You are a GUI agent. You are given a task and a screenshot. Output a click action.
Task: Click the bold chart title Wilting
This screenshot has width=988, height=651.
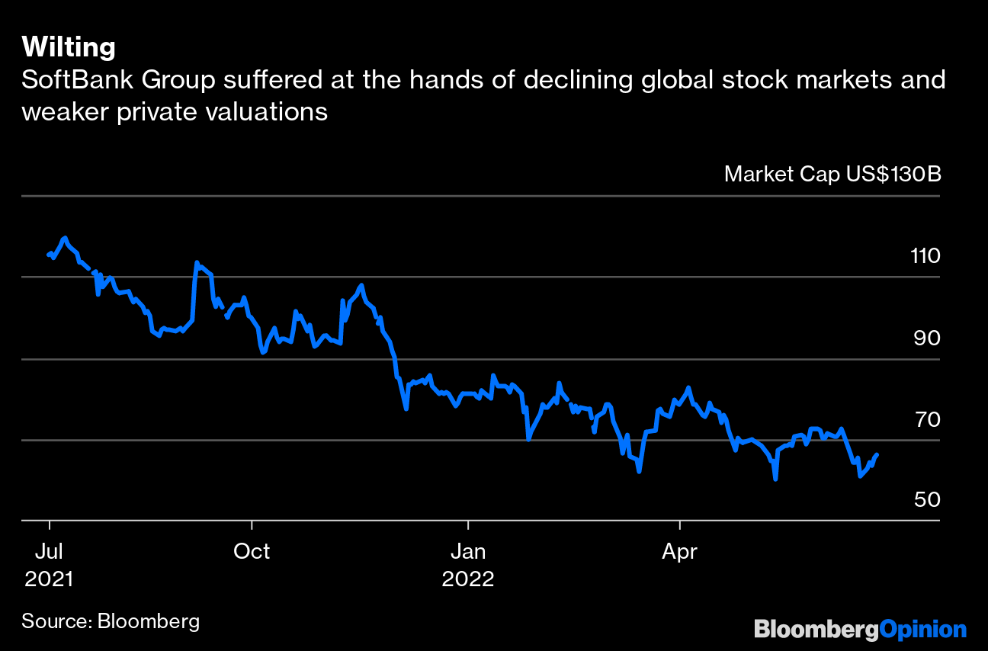[x=69, y=47]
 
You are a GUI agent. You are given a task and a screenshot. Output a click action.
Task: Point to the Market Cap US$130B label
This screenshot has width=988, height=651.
[x=832, y=174]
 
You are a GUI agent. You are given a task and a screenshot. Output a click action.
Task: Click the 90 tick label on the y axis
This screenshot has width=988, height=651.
[x=925, y=338]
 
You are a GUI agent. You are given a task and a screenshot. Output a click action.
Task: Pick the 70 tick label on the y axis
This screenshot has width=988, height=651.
[x=925, y=419]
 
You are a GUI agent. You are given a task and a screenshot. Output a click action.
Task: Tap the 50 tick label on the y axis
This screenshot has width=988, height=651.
[x=925, y=500]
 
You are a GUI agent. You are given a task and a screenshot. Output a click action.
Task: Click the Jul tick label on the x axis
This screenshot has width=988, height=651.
[x=50, y=550]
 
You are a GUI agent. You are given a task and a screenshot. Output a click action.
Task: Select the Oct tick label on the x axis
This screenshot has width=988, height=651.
[x=251, y=550]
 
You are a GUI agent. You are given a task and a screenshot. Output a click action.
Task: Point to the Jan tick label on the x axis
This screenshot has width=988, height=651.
[x=468, y=550]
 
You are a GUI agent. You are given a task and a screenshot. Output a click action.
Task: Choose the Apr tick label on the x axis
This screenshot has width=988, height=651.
[x=678, y=550]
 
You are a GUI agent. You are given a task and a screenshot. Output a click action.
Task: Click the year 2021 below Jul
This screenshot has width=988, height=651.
[x=50, y=579]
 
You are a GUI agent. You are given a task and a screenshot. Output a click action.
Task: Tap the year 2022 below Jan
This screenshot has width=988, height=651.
[x=468, y=579]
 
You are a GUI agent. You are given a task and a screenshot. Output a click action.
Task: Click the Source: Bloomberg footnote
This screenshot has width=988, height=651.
[x=111, y=621]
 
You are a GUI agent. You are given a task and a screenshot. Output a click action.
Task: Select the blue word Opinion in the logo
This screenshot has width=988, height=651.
[x=922, y=630]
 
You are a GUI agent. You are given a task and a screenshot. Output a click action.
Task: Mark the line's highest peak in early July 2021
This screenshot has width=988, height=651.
[x=65, y=238]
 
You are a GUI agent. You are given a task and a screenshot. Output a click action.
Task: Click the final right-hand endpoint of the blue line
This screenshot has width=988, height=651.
[x=877, y=454]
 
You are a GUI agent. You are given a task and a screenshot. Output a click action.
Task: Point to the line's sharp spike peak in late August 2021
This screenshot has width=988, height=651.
[x=197, y=263]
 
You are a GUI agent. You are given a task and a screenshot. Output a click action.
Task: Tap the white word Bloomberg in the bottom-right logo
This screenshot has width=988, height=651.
[x=816, y=630]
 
